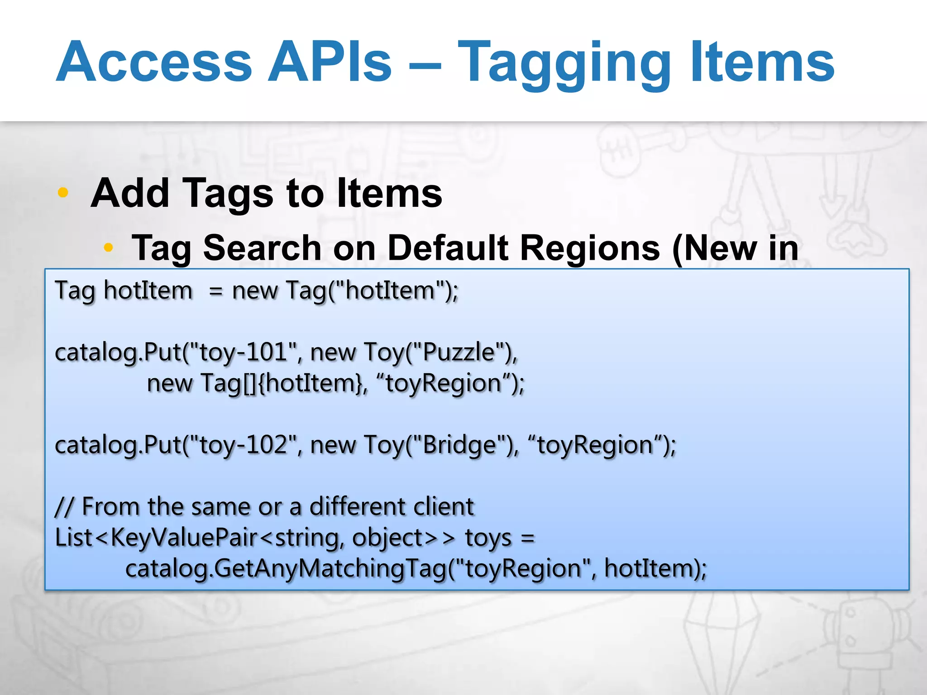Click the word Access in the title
click(x=154, y=62)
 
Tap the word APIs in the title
click(x=330, y=62)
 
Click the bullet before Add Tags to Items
click(x=63, y=192)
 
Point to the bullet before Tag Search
click(x=108, y=247)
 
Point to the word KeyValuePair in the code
click(x=183, y=538)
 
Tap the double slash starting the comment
click(x=64, y=506)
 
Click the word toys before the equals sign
click(x=488, y=538)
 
